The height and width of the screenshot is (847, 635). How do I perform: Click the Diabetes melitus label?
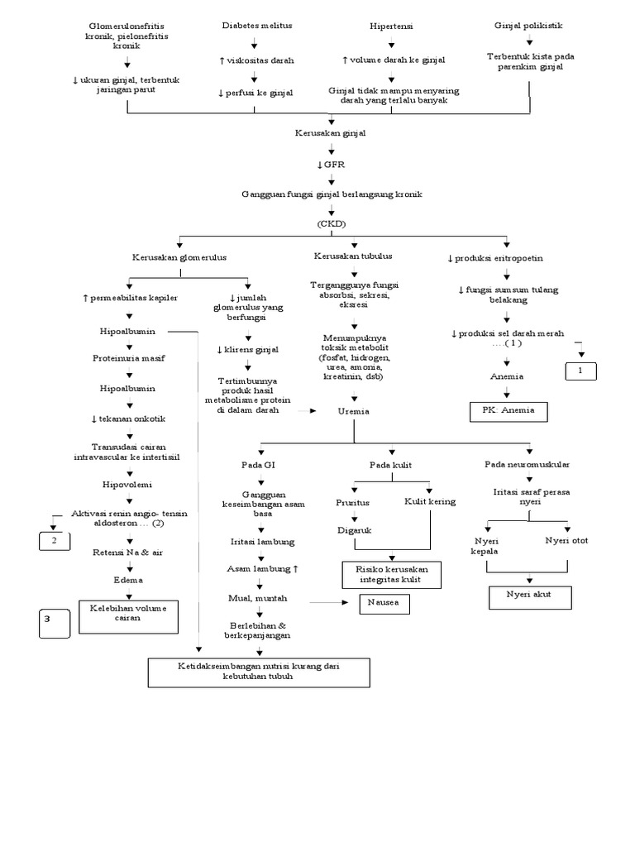pyautogui.click(x=257, y=26)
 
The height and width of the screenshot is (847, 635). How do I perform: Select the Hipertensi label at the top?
pyautogui.click(x=391, y=26)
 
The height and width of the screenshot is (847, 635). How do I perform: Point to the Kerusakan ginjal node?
pyautogui.click(x=331, y=132)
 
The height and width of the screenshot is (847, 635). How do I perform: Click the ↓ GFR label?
pyautogui.click(x=331, y=164)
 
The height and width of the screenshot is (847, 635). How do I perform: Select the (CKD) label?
pyautogui.click(x=331, y=224)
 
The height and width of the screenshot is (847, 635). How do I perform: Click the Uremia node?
pyautogui.click(x=354, y=411)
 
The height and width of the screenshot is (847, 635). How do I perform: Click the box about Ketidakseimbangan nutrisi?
pyautogui.click(x=259, y=672)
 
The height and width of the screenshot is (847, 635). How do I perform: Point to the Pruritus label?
pyautogui.click(x=353, y=502)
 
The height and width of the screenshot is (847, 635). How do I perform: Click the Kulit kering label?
pyautogui.click(x=429, y=501)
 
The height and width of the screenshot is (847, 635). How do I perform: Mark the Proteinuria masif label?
pyautogui.click(x=128, y=358)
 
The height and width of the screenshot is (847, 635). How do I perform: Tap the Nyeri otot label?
pyautogui.click(x=566, y=541)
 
